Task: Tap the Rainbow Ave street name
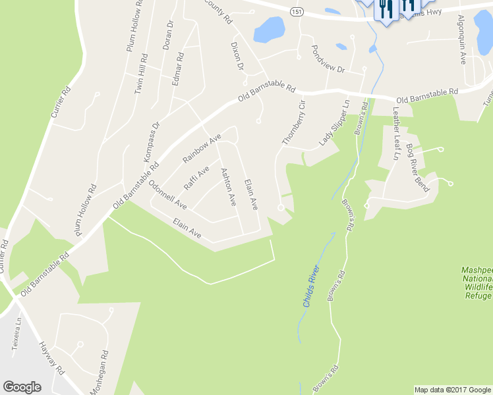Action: coord(200,150)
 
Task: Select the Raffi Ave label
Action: coord(196,178)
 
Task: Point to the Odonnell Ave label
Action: coord(167,194)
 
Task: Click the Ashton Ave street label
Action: coord(228,187)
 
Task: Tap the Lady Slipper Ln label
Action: coord(334,124)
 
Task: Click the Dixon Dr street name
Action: coord(237,57)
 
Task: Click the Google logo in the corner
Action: coord(22,387)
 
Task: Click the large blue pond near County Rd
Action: coord(269,29)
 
